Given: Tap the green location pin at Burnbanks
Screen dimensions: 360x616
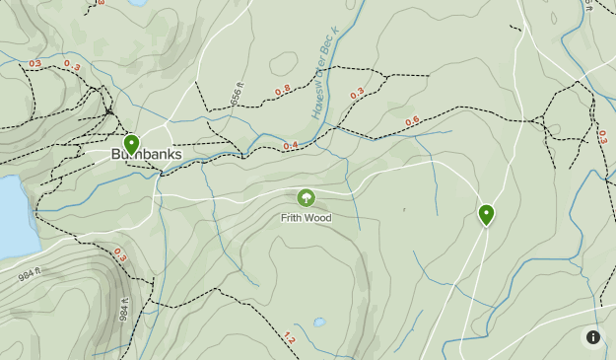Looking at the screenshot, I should point(131,145).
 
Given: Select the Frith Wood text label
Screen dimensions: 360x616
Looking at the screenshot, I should point(306,218).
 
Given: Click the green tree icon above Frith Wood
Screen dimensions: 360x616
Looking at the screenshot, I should point(306,198).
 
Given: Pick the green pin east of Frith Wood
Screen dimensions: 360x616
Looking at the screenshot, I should point(486,213).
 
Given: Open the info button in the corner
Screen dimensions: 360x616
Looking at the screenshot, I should point(592,337).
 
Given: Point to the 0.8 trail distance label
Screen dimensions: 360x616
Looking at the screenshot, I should point(283,90).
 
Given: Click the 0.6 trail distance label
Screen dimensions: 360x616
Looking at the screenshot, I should point(412,120).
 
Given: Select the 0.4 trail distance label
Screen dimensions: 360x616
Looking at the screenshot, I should point(291,146).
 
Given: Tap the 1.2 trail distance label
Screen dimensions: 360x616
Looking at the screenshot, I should point(289,338).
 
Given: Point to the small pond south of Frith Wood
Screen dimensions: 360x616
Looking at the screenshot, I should point(318,322).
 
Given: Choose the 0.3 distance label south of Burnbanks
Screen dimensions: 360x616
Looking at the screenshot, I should point(120,254).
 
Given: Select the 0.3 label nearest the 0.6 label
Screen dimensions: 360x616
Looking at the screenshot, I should point(357,94).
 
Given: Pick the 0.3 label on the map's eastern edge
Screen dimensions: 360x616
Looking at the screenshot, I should point(602,136).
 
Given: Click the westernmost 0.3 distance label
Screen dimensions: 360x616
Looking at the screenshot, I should point(35,63).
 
